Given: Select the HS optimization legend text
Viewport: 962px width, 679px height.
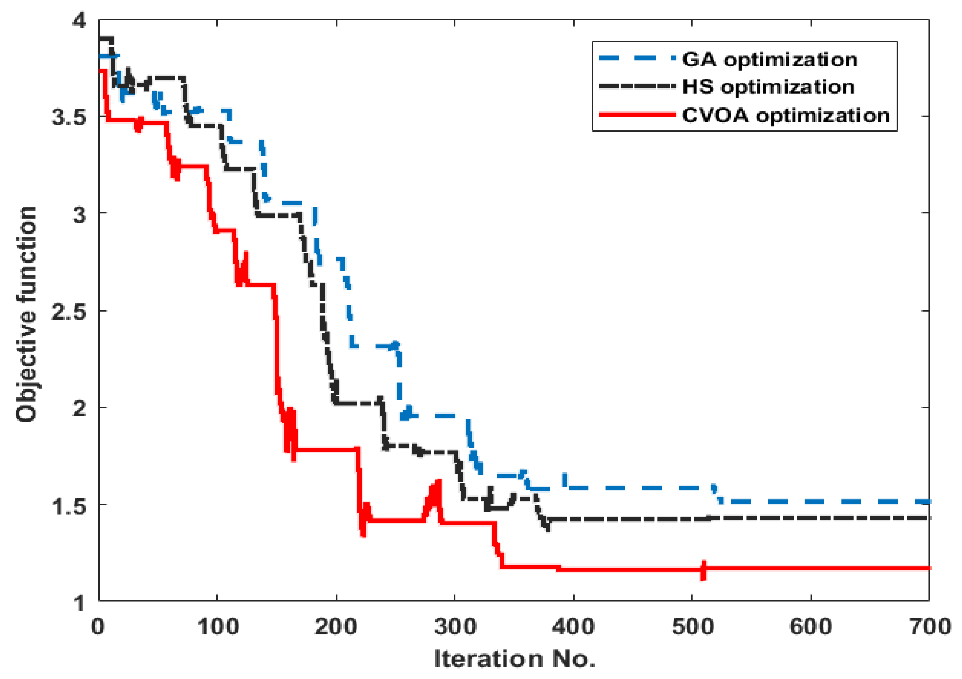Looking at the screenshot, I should click(x=768, y=87).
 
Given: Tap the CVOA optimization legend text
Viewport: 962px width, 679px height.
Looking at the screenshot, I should click(x=786, y=115).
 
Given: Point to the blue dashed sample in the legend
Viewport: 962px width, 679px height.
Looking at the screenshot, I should click(x=637, y=58).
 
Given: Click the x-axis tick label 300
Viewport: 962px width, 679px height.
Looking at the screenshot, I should click(x=455, y=627).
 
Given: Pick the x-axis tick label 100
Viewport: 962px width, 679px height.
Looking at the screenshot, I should click(x=218, y=627).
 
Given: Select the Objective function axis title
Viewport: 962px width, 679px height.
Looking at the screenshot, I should click(x=26, y=314).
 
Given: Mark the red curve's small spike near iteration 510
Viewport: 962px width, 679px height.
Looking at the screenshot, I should click(x=703, y=570).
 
